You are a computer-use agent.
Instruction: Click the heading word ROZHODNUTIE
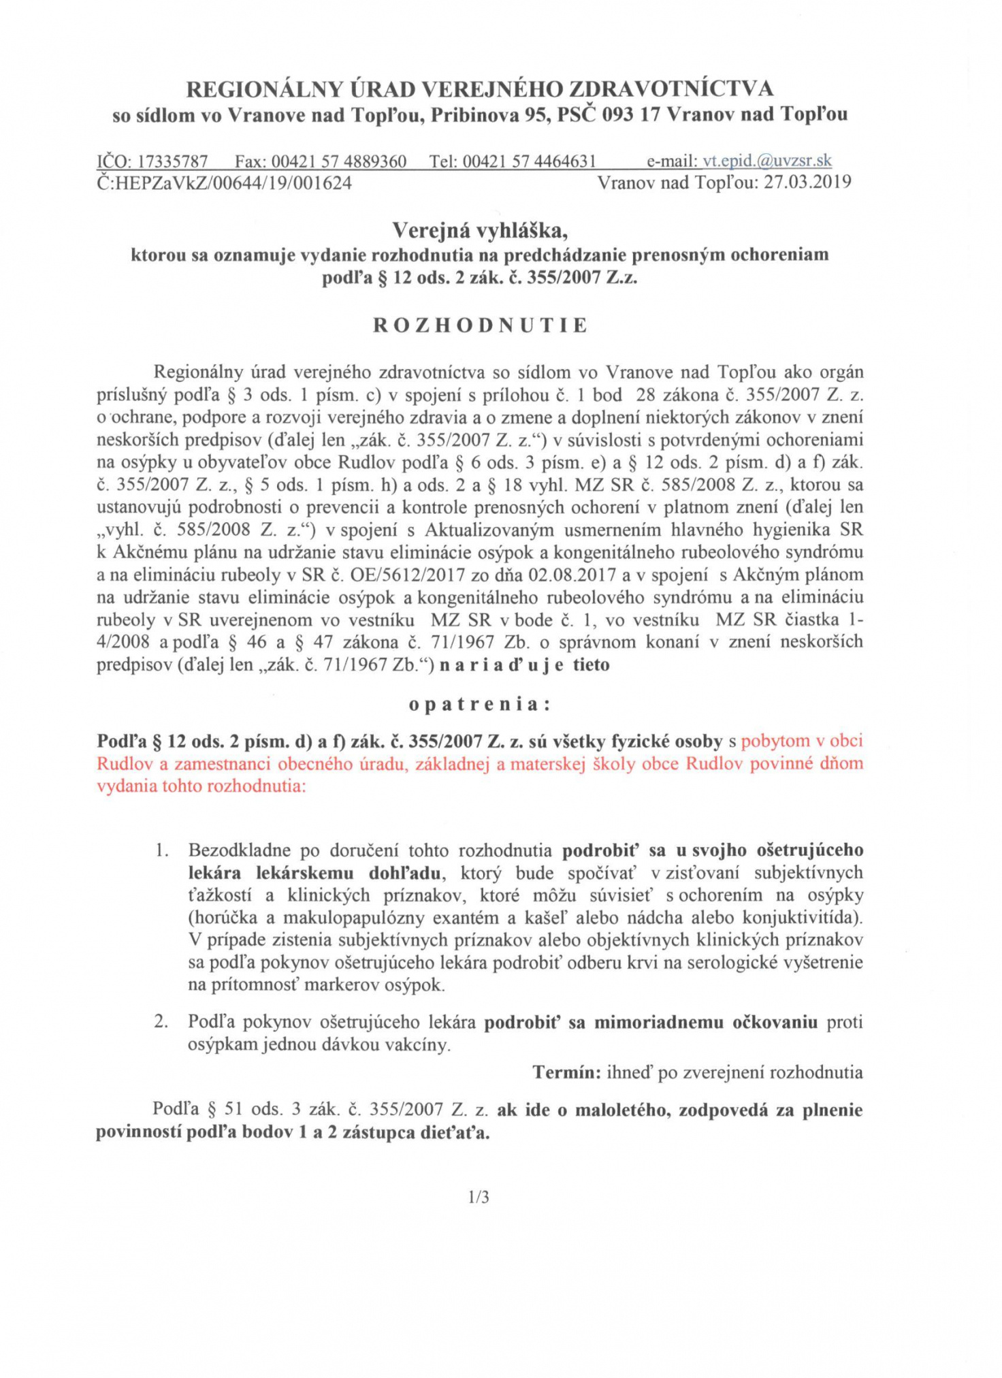tap(480, 325)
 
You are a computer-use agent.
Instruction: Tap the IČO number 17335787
tap(172, 162)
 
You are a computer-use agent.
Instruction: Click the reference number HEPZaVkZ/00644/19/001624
tap(231, 183)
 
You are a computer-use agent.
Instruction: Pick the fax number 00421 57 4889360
tap(339, 162)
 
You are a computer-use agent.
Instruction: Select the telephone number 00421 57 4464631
tap(530, 162)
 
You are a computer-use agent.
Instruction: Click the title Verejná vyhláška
tap(480, 231)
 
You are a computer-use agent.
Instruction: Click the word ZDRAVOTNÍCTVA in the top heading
tap(670, 89)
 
